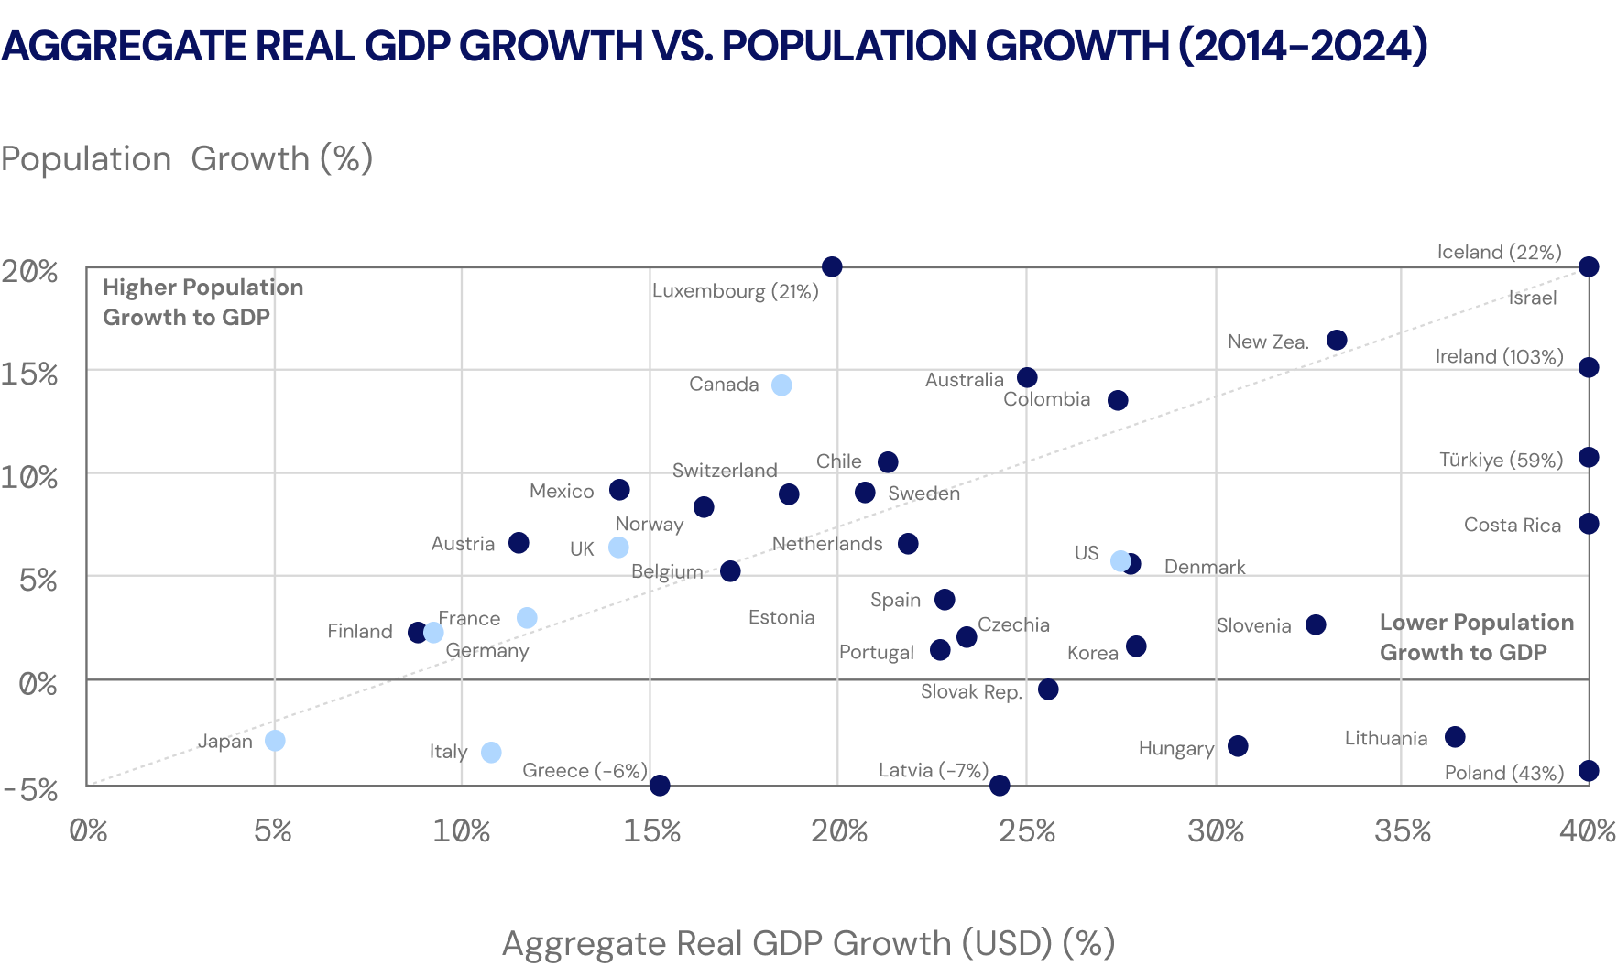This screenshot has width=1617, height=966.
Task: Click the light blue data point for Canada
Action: pos(781,385)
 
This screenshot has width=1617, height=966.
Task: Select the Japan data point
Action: pos(275,740)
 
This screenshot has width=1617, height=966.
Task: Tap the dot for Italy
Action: pos(491,753)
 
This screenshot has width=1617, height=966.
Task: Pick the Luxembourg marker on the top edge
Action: pos(832,266)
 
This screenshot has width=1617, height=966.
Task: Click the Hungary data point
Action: pos(1238,746)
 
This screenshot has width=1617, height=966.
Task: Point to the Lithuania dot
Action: pos(1455,737)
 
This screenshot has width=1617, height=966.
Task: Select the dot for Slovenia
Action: pos(1316,624)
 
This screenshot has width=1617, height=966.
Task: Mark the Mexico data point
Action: pos(619,490)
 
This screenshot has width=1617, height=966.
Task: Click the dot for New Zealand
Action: pos(1337,341)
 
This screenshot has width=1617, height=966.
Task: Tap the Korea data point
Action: pos(1136,646)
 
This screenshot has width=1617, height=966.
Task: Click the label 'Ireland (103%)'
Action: pos(1499,357)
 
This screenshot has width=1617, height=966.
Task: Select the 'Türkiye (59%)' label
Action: pos(1501,460)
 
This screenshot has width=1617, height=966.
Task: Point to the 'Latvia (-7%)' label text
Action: pos(933,770)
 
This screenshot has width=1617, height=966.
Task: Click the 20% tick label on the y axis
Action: pos(29,272)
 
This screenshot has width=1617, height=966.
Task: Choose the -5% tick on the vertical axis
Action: pos(30,789)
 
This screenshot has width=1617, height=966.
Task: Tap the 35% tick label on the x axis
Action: pos(1402,831)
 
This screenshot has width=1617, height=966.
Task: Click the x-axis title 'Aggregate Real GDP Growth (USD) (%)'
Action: pos(808,943)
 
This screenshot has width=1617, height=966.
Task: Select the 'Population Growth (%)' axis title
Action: pos(187,159)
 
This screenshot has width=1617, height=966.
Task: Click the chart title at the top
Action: pos(715,46)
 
